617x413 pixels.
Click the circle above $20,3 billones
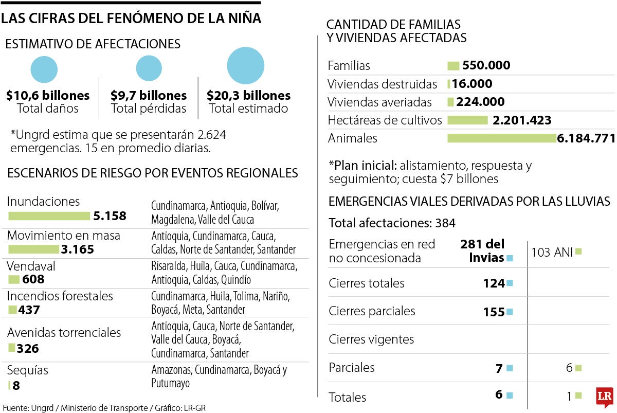point(245,65)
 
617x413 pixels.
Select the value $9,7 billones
point(149,96)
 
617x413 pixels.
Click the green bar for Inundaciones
point(49,216)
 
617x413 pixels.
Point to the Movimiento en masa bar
point(34,249)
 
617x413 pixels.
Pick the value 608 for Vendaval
point(33,279)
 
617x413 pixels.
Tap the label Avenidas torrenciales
point(64,333)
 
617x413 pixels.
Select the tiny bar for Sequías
point(9,385)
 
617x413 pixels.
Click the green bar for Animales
point(502,138)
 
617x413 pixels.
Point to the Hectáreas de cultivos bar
point(467,120)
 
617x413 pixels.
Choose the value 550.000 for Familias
point(486,65)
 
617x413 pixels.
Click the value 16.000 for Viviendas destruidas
point(472,84)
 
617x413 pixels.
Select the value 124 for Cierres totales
point(494,283)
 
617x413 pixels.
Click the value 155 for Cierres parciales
point(494,312)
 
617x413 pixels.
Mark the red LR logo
point(604,397)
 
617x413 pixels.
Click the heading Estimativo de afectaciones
point(93,44)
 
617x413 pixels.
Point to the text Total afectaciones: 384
point(392,223)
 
